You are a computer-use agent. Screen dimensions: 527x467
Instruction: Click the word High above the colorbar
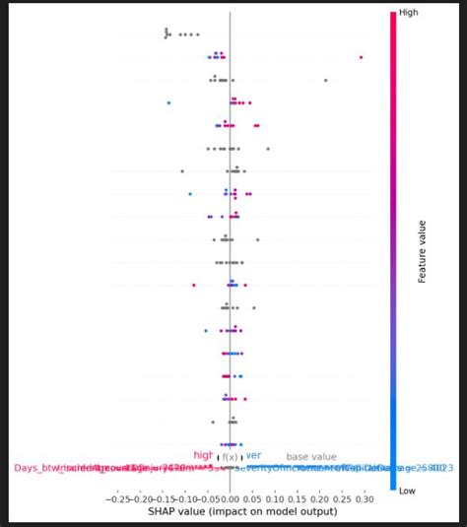point(404,13)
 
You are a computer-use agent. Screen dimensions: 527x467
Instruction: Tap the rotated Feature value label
point(423,251)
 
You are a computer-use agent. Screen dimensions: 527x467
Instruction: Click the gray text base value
point(311,457)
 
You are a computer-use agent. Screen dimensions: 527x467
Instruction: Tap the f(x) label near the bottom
point(230,457)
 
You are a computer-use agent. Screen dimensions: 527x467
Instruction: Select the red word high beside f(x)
point(203,455)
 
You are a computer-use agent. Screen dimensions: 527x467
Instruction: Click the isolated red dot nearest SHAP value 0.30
point(362,57)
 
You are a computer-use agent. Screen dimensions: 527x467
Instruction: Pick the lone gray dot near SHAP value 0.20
point(325,80)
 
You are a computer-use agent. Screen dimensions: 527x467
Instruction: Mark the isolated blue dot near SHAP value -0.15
point(168,102)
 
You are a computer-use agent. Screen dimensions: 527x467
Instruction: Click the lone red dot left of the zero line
point(194,285)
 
